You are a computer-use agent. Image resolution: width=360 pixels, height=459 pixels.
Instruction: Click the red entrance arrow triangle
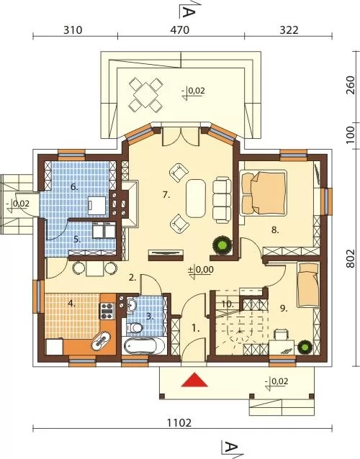194,380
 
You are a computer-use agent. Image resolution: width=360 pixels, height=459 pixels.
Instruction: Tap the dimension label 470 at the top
180,30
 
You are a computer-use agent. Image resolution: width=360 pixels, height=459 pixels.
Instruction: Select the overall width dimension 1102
179,423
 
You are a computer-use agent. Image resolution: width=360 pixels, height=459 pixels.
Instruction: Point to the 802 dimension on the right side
350,258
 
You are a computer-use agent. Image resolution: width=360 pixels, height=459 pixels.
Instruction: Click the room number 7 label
166,195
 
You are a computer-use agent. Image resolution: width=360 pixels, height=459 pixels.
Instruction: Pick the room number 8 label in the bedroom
275,229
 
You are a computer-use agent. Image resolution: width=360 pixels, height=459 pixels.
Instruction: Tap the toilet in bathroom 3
134,327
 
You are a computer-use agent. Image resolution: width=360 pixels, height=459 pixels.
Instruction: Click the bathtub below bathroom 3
145,346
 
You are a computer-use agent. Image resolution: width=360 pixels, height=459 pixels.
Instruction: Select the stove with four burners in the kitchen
107,311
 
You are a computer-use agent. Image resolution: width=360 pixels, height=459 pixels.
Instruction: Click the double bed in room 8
264,193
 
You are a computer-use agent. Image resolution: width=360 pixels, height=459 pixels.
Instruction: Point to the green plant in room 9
305,347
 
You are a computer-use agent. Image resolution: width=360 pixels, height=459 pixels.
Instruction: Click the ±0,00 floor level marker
201,271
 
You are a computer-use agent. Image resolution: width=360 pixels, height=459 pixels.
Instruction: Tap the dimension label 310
73,30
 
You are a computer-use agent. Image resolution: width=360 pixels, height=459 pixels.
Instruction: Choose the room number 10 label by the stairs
228,304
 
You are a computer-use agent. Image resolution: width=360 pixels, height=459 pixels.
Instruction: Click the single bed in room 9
307,285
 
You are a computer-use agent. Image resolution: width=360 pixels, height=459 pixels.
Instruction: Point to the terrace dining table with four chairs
146,94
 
